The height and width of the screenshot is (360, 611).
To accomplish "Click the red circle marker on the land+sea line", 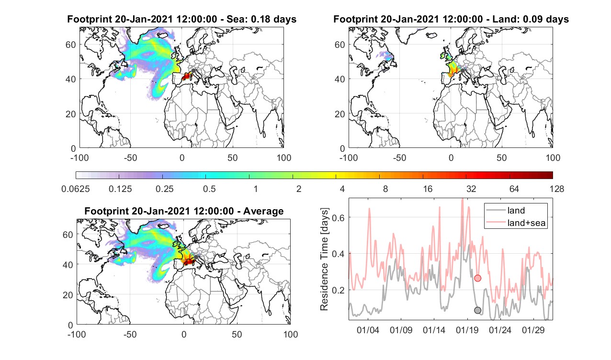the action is click(477, 278).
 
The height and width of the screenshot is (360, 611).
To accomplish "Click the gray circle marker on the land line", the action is click(477, 310).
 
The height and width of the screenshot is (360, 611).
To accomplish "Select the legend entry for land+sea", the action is click(516, 223).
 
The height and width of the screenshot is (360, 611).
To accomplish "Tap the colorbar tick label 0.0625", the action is click(76, 189).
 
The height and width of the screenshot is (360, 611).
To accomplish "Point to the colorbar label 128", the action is click(557, 189).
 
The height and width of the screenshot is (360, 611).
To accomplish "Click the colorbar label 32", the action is click(471, 189).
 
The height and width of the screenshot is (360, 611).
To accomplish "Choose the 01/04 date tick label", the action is click(368, 330).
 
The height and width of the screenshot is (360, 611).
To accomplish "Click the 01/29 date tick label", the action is click(533, 330).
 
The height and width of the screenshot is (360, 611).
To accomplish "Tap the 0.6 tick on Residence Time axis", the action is click(338, 218).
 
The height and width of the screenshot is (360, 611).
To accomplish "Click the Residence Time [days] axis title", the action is click(324, 259).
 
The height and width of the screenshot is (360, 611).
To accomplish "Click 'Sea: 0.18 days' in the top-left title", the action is click(261, 19).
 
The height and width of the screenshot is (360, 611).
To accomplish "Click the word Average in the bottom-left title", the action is click(263, 211).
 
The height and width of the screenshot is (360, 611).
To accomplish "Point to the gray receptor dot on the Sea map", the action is click(193, 70).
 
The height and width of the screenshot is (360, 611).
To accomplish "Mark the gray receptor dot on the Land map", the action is click(463, 70).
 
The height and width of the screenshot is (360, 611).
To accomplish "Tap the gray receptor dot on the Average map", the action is click(196, 257).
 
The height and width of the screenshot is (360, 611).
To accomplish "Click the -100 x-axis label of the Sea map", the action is click(79, 157).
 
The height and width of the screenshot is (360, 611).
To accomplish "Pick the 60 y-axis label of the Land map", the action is click(339, 45).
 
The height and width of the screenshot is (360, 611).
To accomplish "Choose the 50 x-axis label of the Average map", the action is click(237, 334).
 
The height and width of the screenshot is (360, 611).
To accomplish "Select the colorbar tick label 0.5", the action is click(209, 189).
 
